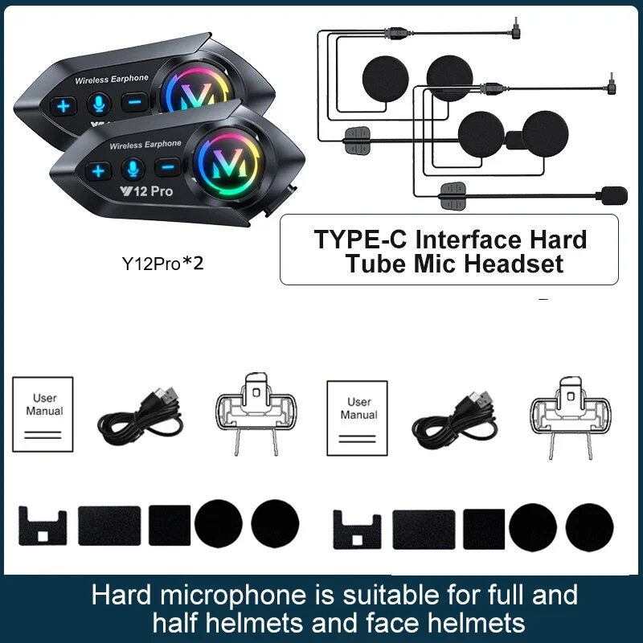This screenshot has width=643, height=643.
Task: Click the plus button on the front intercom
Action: click(98, 170)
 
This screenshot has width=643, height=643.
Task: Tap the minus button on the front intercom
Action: click(168, 167)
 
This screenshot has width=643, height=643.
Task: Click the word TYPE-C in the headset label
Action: click(358, 240)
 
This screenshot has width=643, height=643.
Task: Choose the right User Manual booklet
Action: click(357, 418)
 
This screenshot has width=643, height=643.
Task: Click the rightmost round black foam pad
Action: click(589, 528)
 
